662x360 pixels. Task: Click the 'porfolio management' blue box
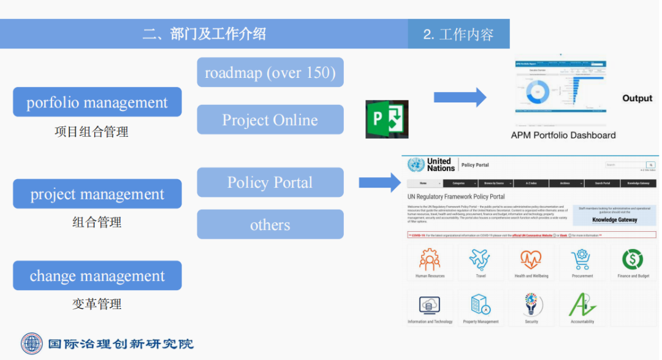tap(97, 102)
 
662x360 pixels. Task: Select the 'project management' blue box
tap(97, 194)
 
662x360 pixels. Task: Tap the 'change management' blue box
tap(97, 275)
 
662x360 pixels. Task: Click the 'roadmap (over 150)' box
tap(270, 72)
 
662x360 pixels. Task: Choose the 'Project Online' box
tap(270, 120)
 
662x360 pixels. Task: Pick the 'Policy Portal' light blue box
tap(270, 182)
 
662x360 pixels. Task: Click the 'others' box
tap(270, 224)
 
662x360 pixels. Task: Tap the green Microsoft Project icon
tap(387, 119)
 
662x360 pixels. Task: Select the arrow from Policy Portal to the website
tap(379, 182)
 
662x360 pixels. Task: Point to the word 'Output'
tap(637, 98)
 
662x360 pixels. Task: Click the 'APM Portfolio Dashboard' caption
tap(563, 135)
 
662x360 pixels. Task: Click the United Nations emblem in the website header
tap(416, 164)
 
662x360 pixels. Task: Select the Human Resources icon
tap(430, 259)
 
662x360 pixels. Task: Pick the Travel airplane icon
tap(481, 259)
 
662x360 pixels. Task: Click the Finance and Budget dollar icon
tap(633, 259)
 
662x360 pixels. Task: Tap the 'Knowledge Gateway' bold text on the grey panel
tap(614, 220)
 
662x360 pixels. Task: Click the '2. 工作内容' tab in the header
tap(458, 34)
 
